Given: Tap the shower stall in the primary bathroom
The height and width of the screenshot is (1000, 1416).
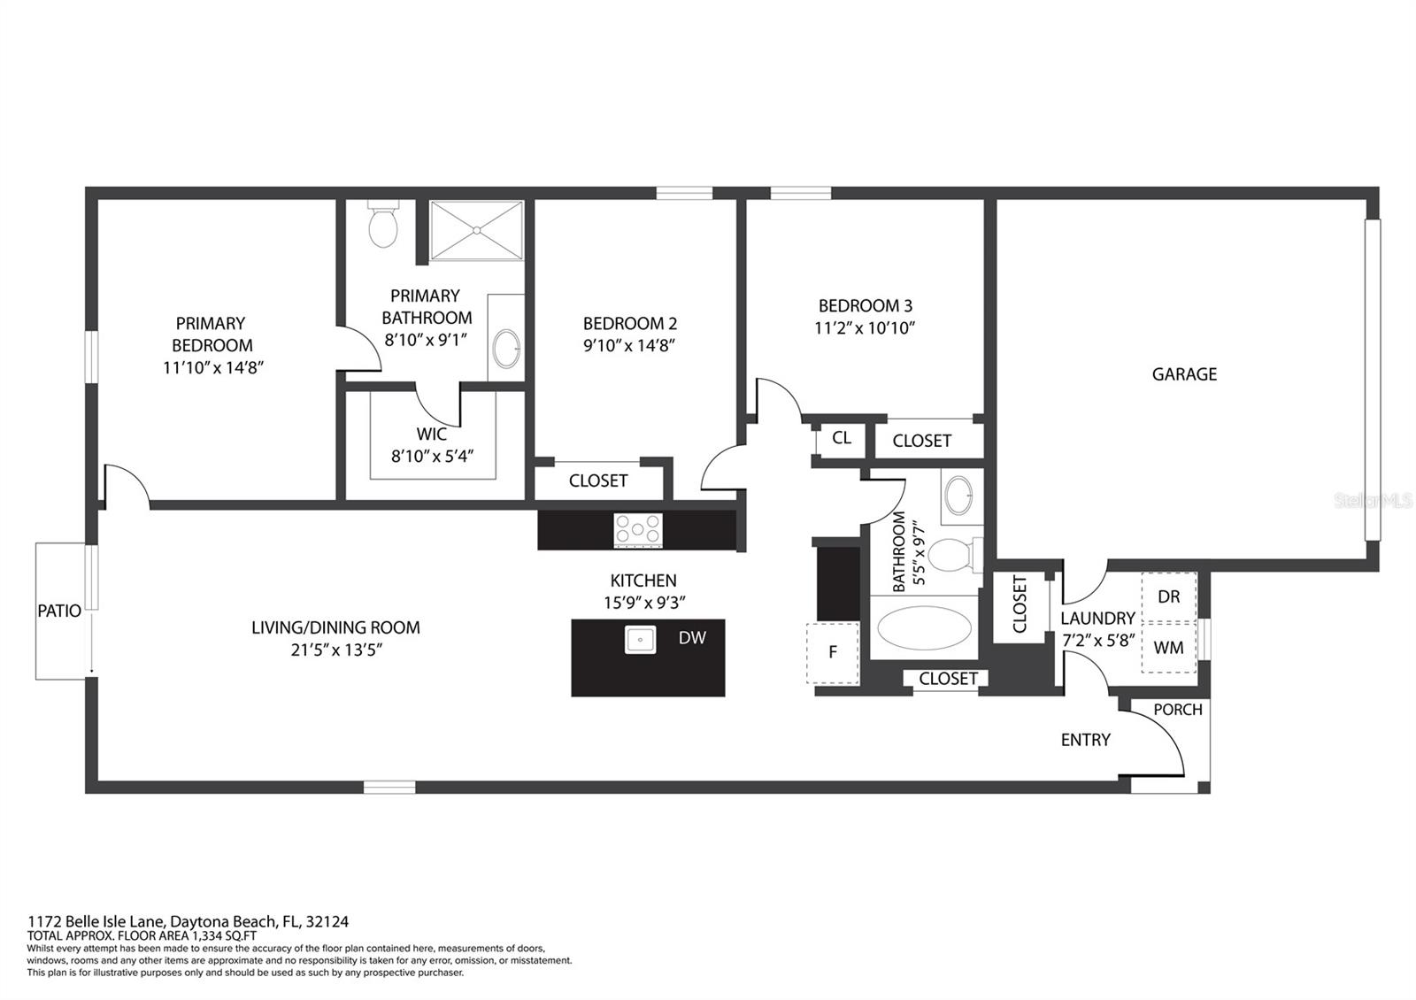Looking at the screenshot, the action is pos(477,230).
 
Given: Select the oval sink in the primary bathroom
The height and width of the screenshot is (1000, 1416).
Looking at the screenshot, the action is pos(506,349).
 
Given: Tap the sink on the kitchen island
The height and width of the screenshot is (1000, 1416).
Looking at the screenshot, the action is pos(640,640).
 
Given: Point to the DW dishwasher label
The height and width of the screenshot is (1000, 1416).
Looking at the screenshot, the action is pos(692,638).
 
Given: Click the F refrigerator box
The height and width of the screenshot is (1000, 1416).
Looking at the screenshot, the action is pos(833,653).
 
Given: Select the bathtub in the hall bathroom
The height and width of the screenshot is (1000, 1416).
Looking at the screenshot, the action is pos(925,627).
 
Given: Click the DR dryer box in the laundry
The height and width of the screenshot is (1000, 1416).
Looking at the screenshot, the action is pos(1169,596).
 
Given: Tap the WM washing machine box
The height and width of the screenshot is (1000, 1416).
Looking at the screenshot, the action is pos(1169,648).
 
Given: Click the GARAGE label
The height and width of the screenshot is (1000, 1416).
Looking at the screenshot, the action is pos(1184,374).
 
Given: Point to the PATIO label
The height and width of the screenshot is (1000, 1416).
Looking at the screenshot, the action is pos(59,611).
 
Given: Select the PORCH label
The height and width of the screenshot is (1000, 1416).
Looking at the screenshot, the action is pos(1178,709).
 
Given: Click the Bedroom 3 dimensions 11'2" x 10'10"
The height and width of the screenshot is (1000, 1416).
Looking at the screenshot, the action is pos(865,328).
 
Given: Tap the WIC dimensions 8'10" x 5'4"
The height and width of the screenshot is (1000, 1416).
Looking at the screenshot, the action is pos(433,457).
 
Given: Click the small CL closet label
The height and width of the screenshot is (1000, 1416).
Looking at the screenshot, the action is pos(842,437).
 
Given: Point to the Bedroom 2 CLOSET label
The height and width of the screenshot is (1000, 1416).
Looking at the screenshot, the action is pos(598,481).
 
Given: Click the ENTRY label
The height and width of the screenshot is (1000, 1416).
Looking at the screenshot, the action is pos(1085,740).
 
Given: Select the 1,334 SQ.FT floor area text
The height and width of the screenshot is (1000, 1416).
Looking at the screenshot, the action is pos(225,936).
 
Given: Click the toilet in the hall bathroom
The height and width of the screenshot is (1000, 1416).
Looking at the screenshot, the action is pos(952,554).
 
